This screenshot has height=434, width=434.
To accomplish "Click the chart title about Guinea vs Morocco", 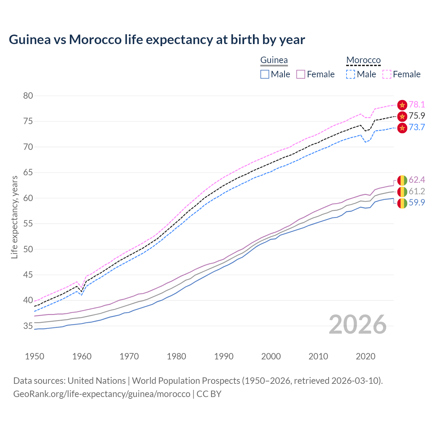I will coord(157,40).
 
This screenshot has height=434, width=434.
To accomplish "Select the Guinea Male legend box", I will coord(265,74).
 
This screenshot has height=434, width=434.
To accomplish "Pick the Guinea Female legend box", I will coord(301,74).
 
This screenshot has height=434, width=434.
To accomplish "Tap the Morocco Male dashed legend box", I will coord(351,74).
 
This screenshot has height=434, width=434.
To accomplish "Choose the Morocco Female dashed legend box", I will coord(387,74).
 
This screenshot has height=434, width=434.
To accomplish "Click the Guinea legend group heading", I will coord(274,60).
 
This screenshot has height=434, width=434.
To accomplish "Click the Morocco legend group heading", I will coord(363,60).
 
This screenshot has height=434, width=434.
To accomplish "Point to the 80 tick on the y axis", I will coord(28,96).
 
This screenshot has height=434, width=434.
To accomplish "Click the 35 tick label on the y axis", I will coord(28,326).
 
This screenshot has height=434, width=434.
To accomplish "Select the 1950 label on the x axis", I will coord(35,356).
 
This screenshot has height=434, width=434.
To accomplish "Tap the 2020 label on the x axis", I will coord(366,356).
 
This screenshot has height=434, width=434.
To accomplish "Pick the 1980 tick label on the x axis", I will coord(176,356).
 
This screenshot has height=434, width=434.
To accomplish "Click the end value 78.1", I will coord(417,105).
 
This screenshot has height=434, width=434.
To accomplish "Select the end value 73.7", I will coord(417,127).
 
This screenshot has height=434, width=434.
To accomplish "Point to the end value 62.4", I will coord(417,180).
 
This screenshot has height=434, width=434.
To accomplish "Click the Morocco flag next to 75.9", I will coord(402,116).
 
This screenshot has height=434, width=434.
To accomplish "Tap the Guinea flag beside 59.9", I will coord(402,203).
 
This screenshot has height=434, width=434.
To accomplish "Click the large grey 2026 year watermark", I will coord(358,325).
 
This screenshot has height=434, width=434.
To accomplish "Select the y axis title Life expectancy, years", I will coord(14,217).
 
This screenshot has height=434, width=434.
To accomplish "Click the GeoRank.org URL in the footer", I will coord(102,394).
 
